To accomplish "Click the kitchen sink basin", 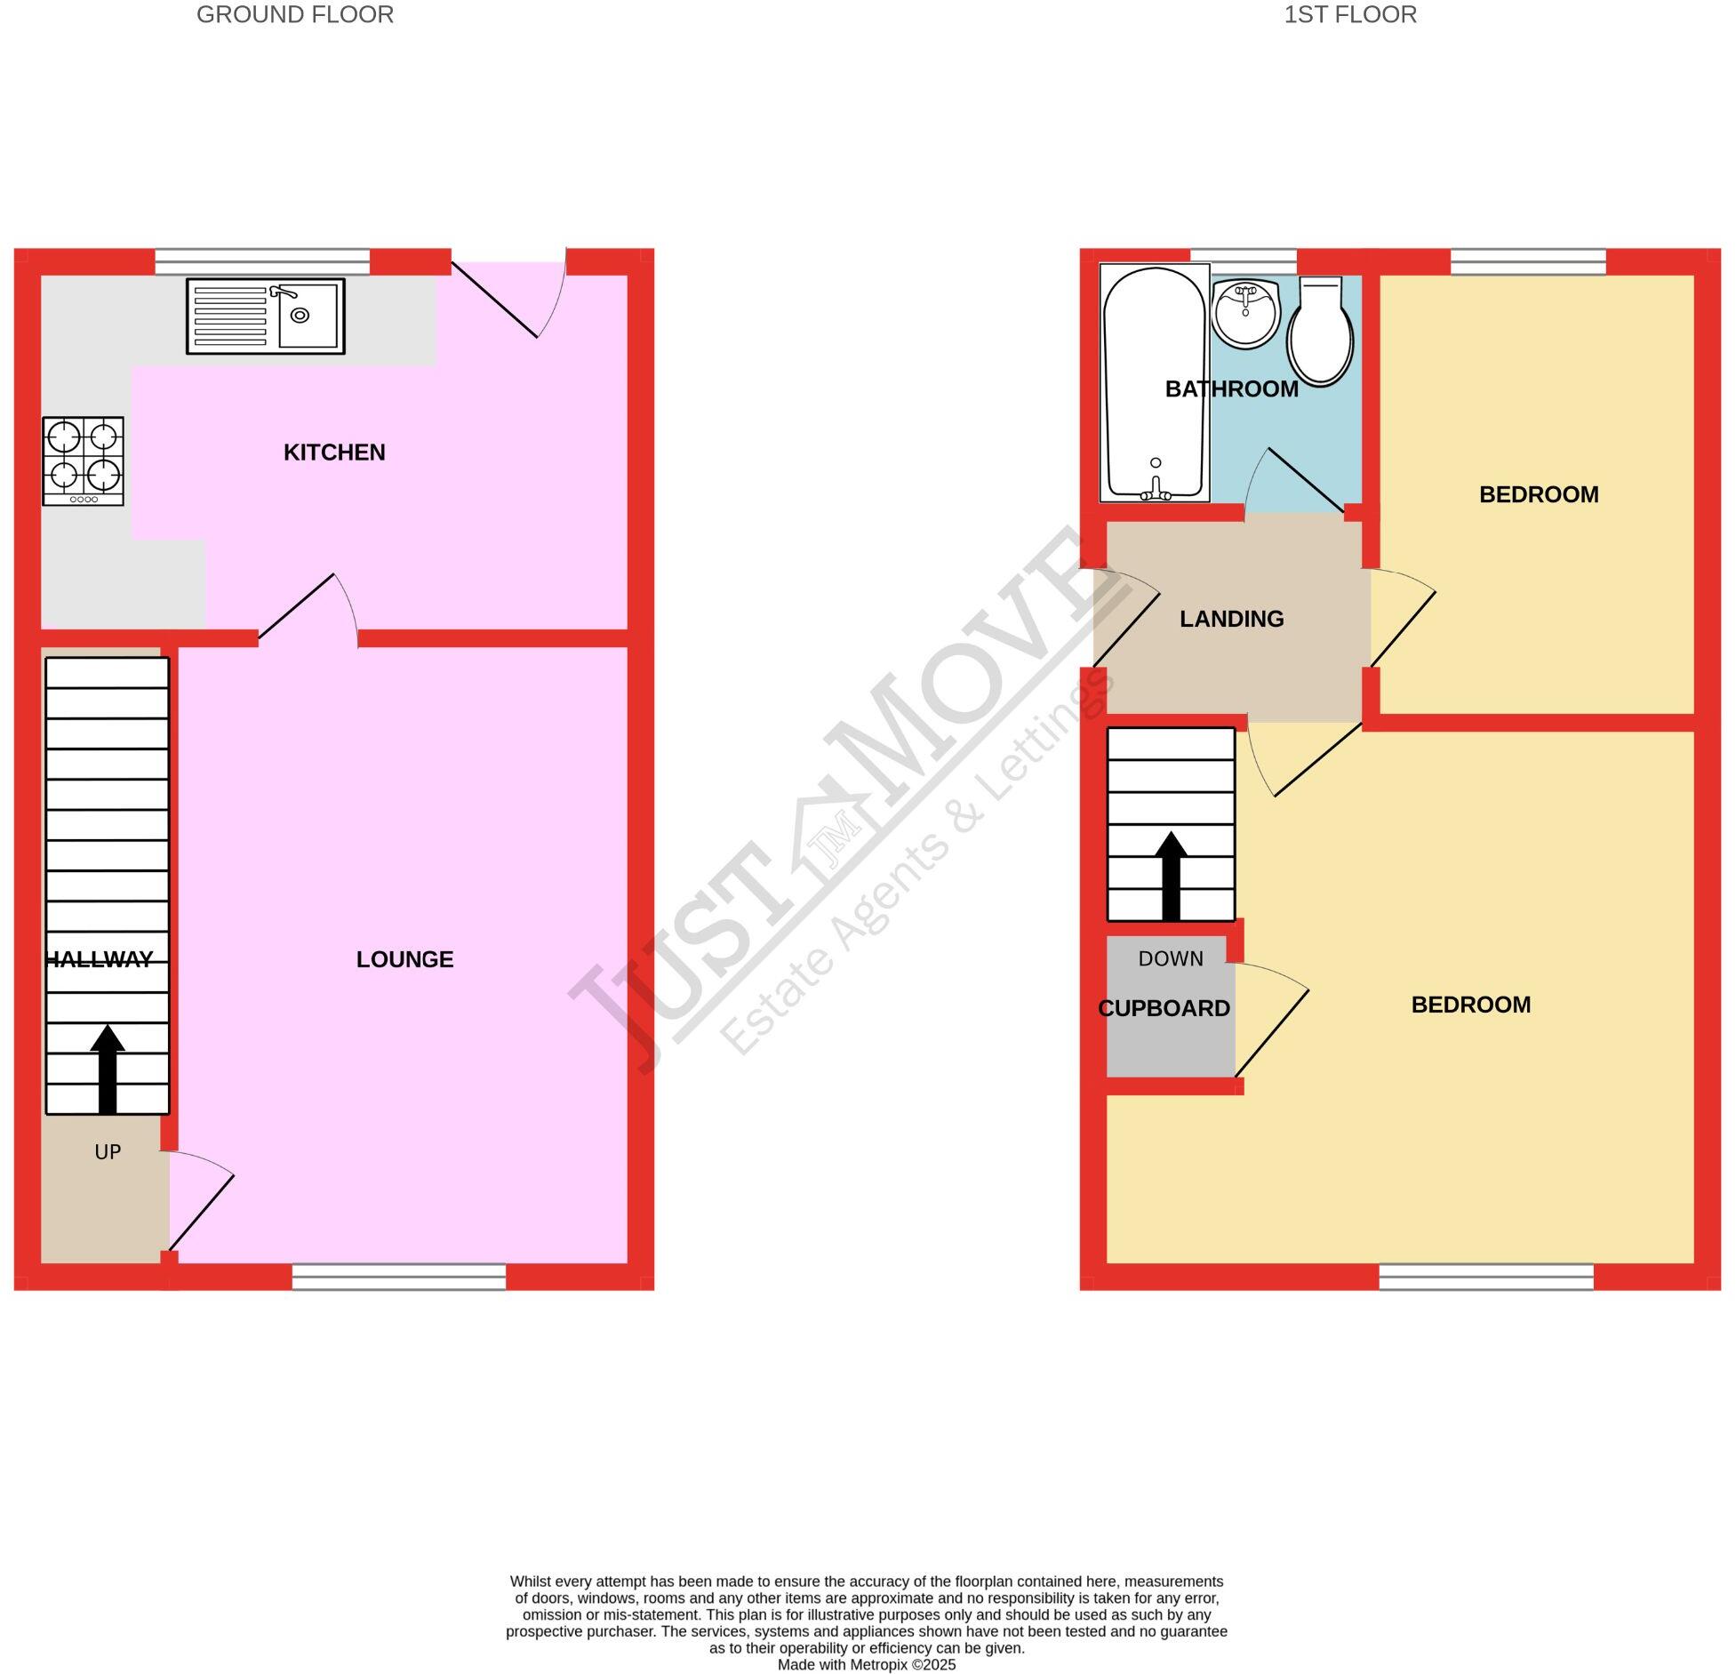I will click(307, 316).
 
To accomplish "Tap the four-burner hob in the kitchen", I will click(84, 461).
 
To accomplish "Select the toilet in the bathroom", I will click(1321, 332).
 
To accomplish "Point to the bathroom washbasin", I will click(1245, 313).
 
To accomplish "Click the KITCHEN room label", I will click(334, 453).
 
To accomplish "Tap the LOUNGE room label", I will click(404, 959).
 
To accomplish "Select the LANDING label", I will click(1231, 619).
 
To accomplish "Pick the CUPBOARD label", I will click(1164, 1008).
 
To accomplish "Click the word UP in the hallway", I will click(108, 1152).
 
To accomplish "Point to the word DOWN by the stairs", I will click(1171, 958).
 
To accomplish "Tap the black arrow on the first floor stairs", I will click(1171, 876).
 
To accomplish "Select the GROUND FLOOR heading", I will click(295, 15).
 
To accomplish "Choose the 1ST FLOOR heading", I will click(1349, 15).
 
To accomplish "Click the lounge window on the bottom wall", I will click(399, 1277).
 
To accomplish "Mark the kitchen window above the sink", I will click(262, 261).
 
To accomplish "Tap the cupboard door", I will click(1272, 1032).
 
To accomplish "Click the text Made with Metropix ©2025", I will click(867, 1664).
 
